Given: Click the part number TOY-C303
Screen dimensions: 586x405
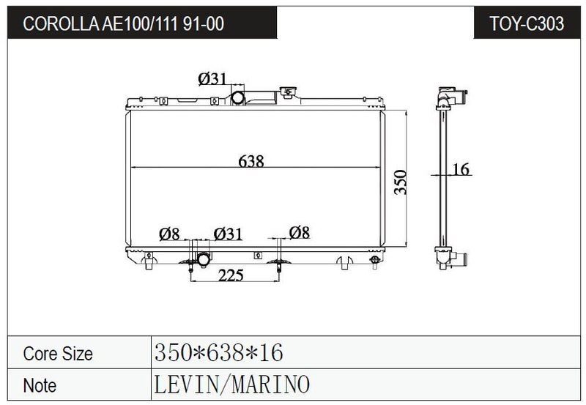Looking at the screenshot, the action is tap(527, 23).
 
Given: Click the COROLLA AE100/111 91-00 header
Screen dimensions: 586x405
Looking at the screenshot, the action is tap(123, 23).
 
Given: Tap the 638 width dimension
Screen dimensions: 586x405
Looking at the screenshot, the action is tap(251, 161).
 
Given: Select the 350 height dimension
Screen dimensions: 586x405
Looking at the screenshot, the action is tap(400, 182).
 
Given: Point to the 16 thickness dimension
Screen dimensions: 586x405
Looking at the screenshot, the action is tap(461, 169).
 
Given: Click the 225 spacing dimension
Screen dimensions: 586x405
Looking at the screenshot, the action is tap(231, 275).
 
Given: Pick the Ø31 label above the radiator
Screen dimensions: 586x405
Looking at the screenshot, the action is tap(212, 78).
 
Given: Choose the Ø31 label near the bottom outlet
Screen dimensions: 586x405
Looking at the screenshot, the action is tap(228, 234).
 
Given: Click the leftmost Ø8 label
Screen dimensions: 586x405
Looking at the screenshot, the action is tap(169, 234).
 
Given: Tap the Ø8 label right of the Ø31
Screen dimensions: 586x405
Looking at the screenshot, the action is tap(300, 232).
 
